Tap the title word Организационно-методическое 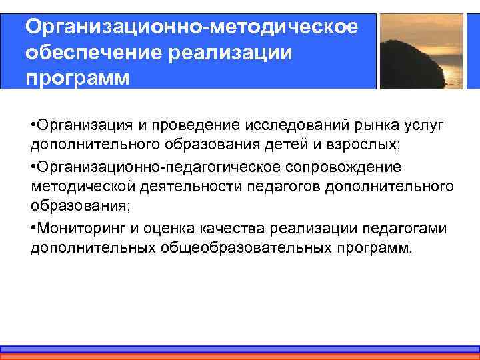coord(191,27)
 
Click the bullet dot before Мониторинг coord(33,229)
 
